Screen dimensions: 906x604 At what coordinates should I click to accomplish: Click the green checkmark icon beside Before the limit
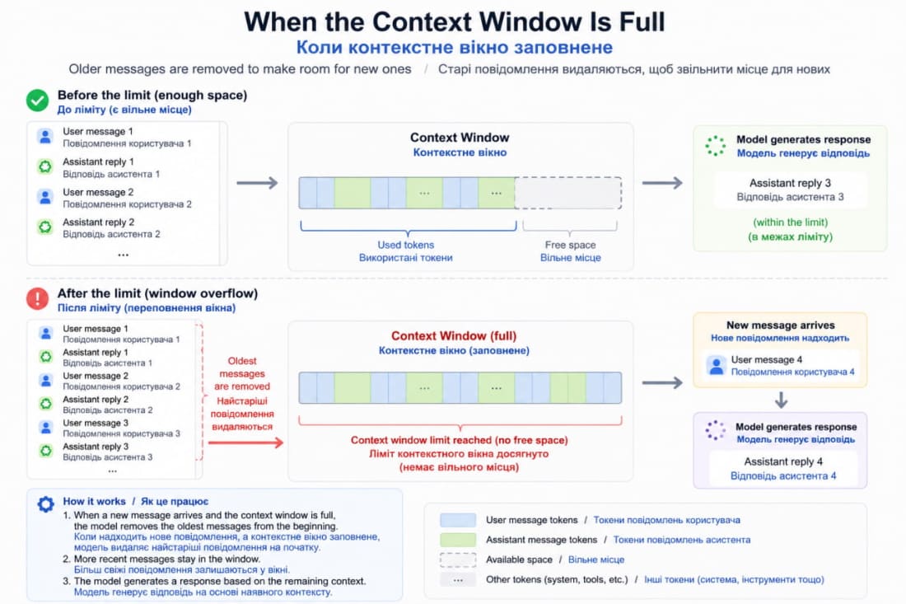point(38,101)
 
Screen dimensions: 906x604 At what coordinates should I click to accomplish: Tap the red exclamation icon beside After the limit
point(38,298)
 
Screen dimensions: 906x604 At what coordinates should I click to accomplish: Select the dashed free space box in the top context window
point(568,193)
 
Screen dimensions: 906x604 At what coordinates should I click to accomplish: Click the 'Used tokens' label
point(405,245)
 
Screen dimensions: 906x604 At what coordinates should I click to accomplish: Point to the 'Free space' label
point(570,245)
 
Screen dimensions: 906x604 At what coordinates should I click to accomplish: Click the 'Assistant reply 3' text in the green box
point(790,183)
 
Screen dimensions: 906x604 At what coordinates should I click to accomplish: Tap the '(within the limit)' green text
point(790,222)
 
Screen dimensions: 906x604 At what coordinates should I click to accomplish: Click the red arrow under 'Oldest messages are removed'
point(245,442)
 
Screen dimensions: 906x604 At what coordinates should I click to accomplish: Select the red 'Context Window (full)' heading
point(454,336)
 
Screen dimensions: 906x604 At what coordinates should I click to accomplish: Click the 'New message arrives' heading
point(780,325)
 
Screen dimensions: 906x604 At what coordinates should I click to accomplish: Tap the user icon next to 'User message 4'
point(716,365)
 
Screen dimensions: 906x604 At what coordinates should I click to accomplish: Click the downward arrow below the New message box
point(781,400)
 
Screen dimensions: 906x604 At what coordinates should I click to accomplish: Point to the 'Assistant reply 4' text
point(783,461)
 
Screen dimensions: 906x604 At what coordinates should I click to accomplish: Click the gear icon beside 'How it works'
point(45,504)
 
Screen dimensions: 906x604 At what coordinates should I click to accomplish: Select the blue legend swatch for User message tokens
point(458,520)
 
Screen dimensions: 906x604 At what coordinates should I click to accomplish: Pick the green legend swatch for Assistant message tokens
point(458,540)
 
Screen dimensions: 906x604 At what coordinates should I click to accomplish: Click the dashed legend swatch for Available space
point(458,560)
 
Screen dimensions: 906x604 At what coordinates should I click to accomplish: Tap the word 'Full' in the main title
point(642,22)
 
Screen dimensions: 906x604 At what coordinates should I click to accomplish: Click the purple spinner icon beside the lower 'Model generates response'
point(715,430)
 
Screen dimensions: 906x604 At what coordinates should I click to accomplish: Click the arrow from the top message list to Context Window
point(257,183)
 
